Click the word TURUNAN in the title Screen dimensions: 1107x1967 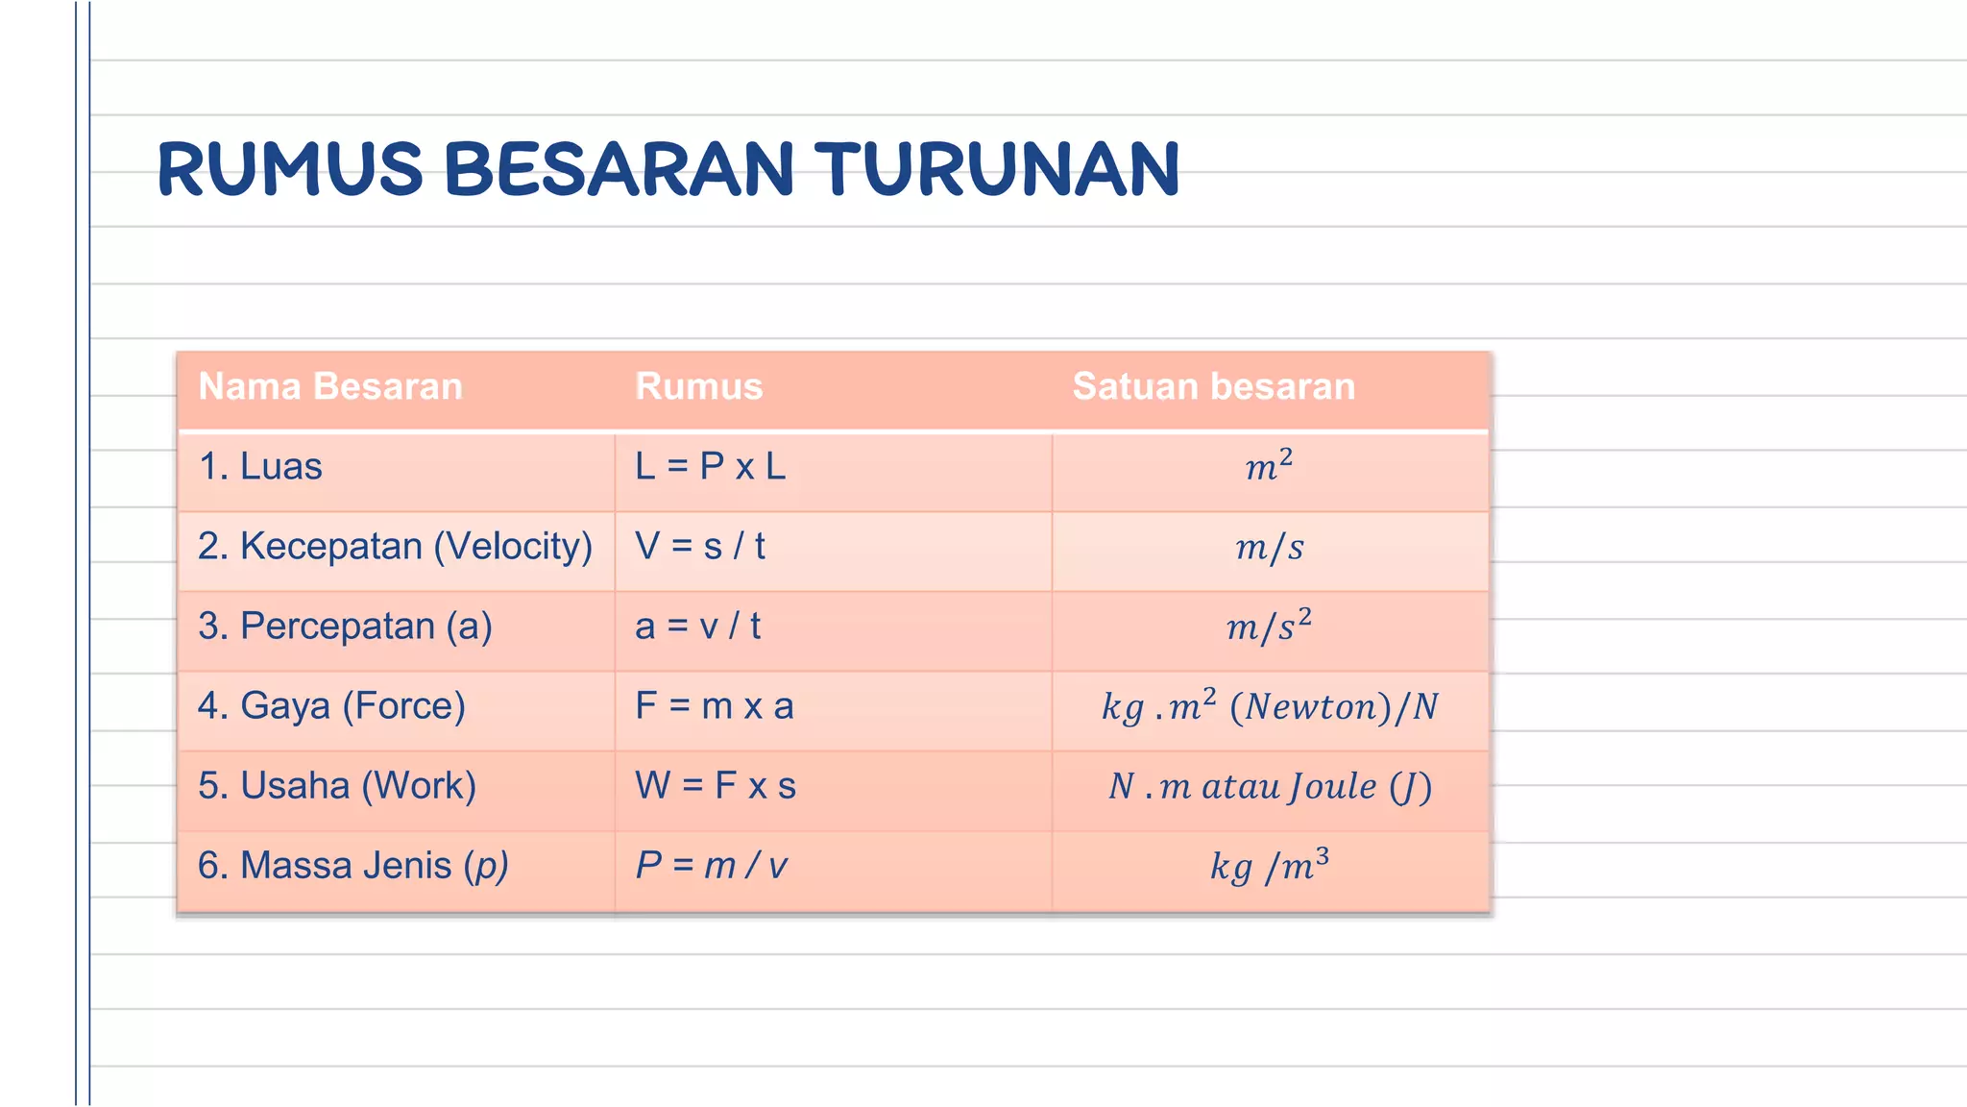(997, 170)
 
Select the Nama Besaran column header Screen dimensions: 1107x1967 (330, 386)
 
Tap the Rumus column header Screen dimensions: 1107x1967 (698, 386)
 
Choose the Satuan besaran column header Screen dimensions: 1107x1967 (1213, 386)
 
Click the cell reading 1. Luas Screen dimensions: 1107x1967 (260, 467)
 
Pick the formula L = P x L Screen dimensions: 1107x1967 (710, 467)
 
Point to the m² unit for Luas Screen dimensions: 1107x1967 (1269, 467)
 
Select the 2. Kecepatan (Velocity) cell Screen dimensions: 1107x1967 (395, 547)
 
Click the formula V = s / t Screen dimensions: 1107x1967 (699, 547)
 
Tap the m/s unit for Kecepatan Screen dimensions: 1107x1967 (1269, 548)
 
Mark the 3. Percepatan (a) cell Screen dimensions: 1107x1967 (345, 627)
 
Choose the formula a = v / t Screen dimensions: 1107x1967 (697, 627)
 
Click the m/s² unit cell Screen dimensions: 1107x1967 (1269, 627)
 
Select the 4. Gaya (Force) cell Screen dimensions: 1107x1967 (331, 706)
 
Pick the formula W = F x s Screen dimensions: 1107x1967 (716, 786)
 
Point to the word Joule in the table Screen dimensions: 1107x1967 (1332, 787)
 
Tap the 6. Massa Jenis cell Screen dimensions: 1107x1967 (352, 866)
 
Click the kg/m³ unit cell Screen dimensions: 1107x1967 (1269, 867)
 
